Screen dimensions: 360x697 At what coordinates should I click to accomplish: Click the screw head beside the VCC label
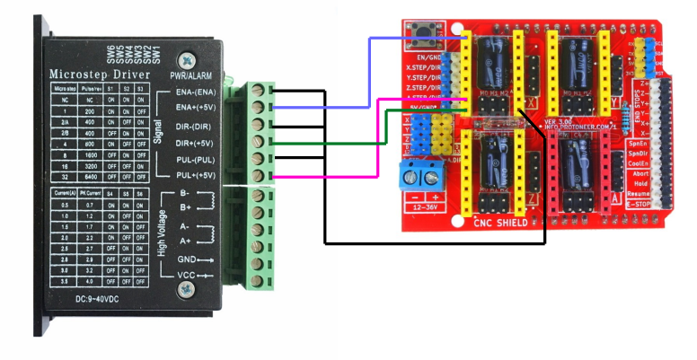click(x=186, y=289)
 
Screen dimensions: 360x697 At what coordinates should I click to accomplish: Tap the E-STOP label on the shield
click(x=639, y=204)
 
